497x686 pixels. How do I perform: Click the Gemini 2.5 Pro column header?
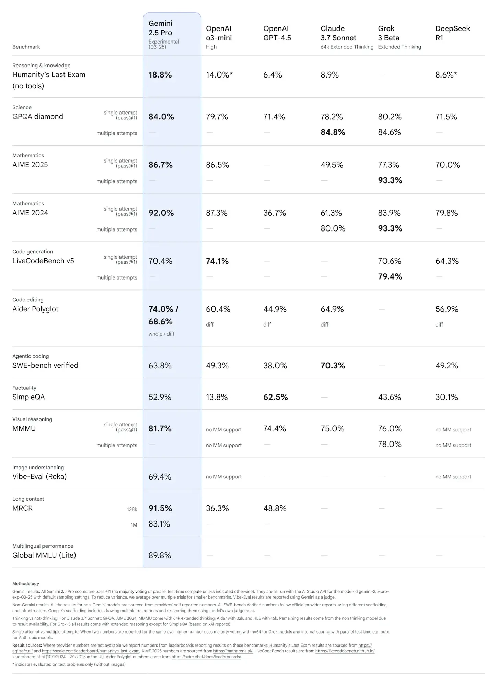click(160, 28)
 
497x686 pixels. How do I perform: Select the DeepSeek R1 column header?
click(452, 33)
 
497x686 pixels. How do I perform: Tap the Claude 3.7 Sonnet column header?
click(338, 33)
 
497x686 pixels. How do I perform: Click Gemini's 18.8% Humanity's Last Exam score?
click(160, 75)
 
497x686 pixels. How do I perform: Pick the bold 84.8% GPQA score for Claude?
click(333, 132)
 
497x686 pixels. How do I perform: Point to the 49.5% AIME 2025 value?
click(332, 165)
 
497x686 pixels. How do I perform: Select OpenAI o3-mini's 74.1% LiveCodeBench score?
click(217, 261)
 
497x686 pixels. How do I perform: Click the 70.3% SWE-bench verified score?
click(333, 365)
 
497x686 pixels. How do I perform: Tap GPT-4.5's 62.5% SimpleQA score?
click(275, 397)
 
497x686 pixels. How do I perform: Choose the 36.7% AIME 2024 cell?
click(275, 213)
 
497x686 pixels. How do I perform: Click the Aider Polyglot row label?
click(35, 309)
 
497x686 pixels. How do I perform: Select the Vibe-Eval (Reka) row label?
click(39, 476)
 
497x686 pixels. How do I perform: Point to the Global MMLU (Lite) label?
click(44, 555)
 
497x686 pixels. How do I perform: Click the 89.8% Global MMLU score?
click(160, 555)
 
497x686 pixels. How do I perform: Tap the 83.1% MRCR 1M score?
click(159, 524)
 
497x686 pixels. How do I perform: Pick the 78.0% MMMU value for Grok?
click(390, 444)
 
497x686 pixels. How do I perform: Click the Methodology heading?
click(26, 583)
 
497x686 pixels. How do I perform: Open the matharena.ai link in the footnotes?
click(233, 651)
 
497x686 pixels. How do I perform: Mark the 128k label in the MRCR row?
click(132, 509)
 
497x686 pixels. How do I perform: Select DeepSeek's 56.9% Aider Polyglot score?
click(447, 309)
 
